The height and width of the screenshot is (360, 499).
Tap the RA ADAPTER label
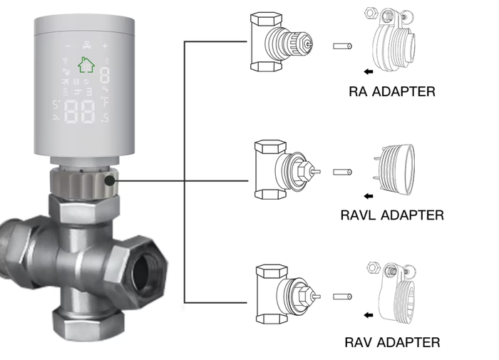392,91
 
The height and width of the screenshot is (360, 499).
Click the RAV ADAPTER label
392,342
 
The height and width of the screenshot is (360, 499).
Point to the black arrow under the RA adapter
367,71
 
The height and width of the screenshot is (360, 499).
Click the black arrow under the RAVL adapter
367,195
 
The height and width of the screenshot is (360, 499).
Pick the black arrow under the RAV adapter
367,314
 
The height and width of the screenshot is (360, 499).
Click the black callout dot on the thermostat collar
109,180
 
